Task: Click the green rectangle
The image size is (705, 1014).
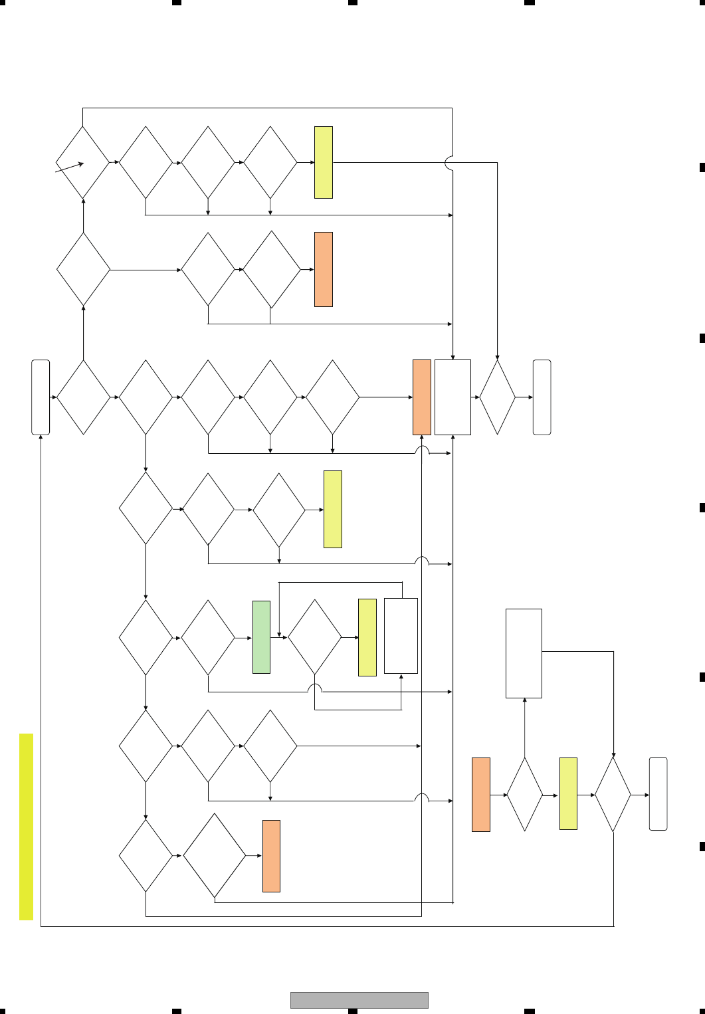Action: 261,637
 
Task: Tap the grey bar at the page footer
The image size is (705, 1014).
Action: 359,1000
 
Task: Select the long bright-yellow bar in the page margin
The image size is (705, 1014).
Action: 26,827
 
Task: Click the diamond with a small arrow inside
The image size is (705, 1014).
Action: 82,162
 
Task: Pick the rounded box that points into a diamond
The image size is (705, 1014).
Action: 41,397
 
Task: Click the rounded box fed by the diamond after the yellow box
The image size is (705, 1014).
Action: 658,794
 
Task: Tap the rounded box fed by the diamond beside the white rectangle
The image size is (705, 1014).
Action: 542,397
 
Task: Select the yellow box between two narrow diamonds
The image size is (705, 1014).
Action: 568,793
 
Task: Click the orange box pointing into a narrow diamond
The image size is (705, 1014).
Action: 481,794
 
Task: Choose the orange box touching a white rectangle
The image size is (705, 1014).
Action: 422,397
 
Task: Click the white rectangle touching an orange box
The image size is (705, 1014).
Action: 453,397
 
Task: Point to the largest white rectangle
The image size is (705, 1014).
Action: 524,653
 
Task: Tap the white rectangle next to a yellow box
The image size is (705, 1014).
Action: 401,636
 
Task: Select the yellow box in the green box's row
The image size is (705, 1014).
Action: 367,637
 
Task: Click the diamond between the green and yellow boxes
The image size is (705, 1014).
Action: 314,637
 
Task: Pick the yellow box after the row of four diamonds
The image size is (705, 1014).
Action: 324,162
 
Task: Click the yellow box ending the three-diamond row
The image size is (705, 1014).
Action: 333,509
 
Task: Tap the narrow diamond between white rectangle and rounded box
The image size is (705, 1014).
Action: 497,397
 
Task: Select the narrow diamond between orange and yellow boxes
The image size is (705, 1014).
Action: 524,794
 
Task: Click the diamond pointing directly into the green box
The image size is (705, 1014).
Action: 208,637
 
